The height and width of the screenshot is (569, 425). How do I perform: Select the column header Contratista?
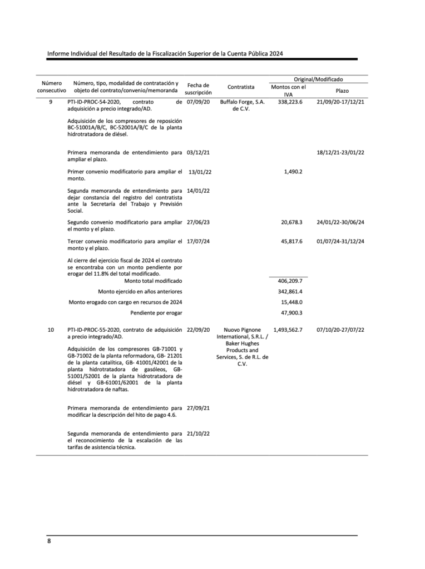(x=241, y=87)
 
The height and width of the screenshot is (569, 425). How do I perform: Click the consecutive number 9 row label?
(x=51, y=102)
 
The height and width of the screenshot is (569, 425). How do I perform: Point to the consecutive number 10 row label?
(x=51, y=330)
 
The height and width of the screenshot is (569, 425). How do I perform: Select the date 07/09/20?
(x=198, y=102)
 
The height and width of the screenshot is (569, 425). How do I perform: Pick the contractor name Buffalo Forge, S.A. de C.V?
(x=242, y=106)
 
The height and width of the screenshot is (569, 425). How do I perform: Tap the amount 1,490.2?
(x=293, y=171)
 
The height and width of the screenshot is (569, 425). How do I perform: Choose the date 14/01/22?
(x=198, y=191)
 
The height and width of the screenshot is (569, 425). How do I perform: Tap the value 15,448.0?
(x=291, y=302)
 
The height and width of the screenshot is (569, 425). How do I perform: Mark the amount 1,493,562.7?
(x=288, y=330)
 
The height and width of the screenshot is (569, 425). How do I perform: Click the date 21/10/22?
(x=198, y=433)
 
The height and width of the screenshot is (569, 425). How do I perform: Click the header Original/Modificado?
(x=318, y=79)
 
